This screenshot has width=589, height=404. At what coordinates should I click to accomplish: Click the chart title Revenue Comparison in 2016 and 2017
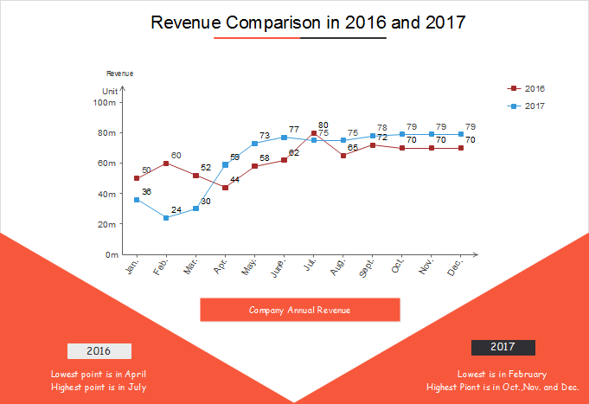point(308,22)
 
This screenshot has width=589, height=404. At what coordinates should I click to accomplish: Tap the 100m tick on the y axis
point(105,102)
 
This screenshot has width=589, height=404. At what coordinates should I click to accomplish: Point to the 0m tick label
point(112,255)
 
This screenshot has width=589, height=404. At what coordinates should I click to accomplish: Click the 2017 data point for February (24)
point(166,218)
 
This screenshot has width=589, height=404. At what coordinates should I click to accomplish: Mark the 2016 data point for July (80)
point(314,133)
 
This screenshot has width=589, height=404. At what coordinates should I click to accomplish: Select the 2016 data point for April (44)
point(225,188)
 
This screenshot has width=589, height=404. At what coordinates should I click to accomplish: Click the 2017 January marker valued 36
point(137,200)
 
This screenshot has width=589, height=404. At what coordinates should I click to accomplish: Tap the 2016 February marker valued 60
point(166,164)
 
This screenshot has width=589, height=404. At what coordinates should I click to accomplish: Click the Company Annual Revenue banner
point(299,310)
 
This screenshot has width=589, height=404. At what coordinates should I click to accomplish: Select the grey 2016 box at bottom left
point(99,351)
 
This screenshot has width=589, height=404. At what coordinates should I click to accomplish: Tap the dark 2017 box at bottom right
point(503,347)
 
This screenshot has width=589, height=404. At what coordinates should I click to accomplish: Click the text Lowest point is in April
point(98,374)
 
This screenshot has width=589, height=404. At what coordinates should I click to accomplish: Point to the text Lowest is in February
point(502,374)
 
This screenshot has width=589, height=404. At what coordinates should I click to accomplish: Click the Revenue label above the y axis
point(119,74)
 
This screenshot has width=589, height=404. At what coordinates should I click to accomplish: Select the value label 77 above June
point(294,129)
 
